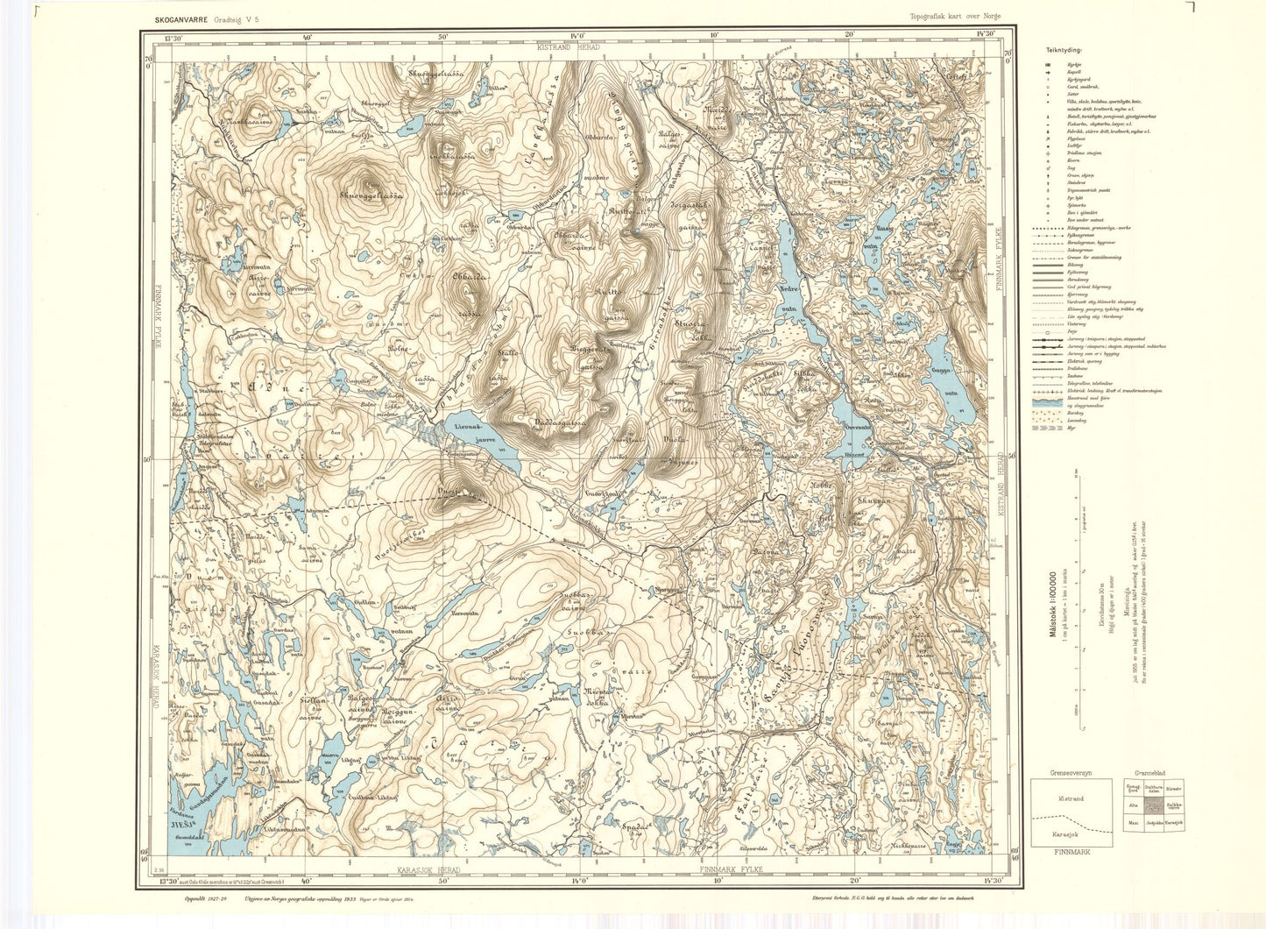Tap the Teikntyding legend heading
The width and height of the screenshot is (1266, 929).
click(x=1055, y=51)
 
